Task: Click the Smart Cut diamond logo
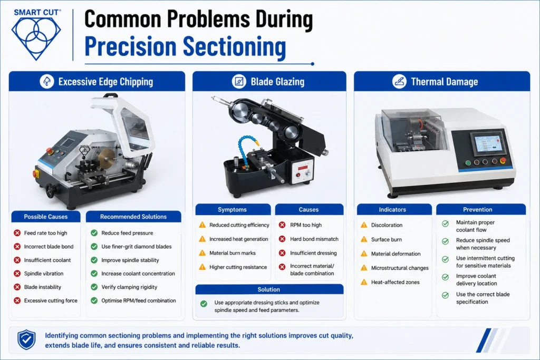coord(36,38)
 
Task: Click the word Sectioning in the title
coord(234,46)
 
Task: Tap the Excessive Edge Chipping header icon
coord(47,82)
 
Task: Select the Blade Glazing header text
coord(277,82)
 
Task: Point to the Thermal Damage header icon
coord(399,82)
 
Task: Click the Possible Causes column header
coord(46,217)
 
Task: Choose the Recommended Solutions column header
coord(133,217)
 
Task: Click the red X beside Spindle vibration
coord(17,274)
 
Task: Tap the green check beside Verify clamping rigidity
coord(94,287)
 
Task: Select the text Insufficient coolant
coord(47,260)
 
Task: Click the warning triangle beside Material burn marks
coord(202,253)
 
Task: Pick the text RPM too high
coord(306,225)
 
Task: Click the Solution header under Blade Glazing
coord(269,289)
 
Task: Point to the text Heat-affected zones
coord(396,282)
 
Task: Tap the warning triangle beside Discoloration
coord(364,225)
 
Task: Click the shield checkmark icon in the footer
coord(26,339)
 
